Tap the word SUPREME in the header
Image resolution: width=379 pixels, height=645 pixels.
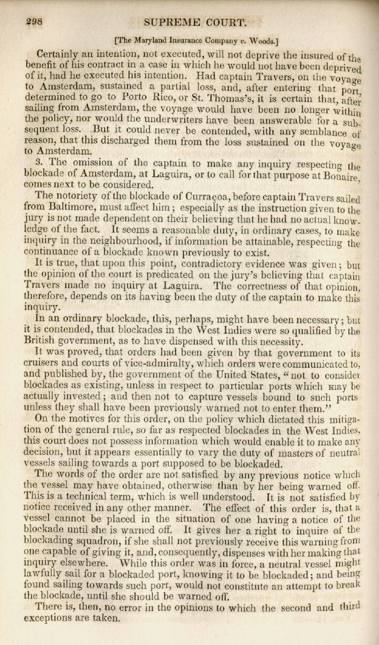point(169,22)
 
